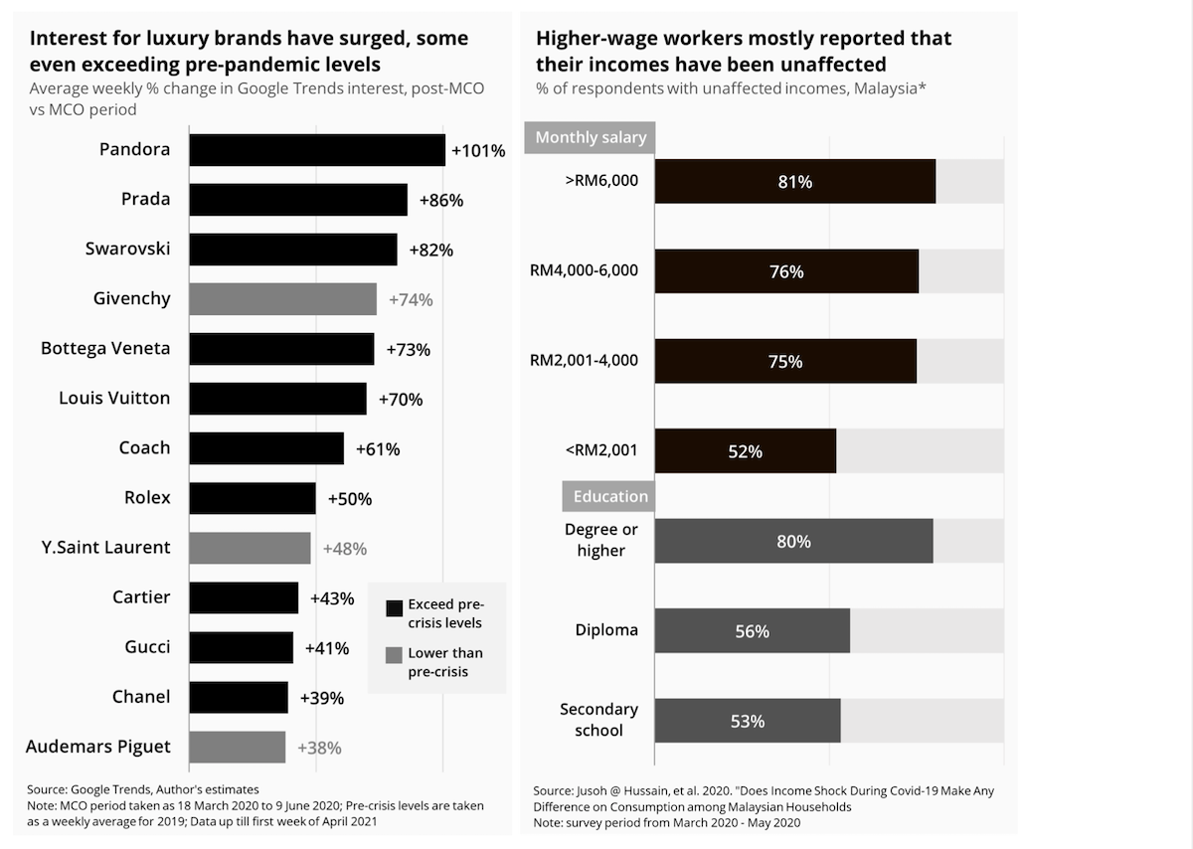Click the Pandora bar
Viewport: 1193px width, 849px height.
pyautogui.click(x=316, y=150)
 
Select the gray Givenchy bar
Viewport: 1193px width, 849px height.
pyautogui.click(x=282, y=299)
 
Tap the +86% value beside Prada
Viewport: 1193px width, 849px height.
pyautogui.click(x=440, y=200)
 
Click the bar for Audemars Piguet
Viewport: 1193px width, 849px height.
pyautogui.click(x=237, y=747)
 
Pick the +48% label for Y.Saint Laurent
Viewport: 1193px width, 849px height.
pyautogui.click(x=344, y=548)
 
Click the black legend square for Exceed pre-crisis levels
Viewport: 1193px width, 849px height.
pyautogui.click(x=394, y=608)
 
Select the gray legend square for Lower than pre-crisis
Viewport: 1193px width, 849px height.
pyautogui.click(x=394, y=654)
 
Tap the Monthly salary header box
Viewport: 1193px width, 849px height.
pyautogui.click(x=591, y=137)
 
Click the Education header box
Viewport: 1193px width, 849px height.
pyautogui.click(x=610, y=496)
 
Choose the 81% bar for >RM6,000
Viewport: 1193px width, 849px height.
pyautogui.click(x=794, y=182)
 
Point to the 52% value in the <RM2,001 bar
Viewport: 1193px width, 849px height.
pyautogui.click(x=745, y=451)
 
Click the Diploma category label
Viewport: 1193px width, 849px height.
pyautogui.click(x=606, y=630)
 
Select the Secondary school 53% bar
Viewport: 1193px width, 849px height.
pyautogui.click(x=747, y=721)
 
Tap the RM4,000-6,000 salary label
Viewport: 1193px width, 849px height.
pyautogui.click(x=585, y=270)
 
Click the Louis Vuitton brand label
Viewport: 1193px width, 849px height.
pyautogui.click(x=114, y=399)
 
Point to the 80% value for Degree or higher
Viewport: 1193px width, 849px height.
pyautogui.click(x=793, y=542)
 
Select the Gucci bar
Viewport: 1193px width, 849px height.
pyautogui.click(x=241, y=647)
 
